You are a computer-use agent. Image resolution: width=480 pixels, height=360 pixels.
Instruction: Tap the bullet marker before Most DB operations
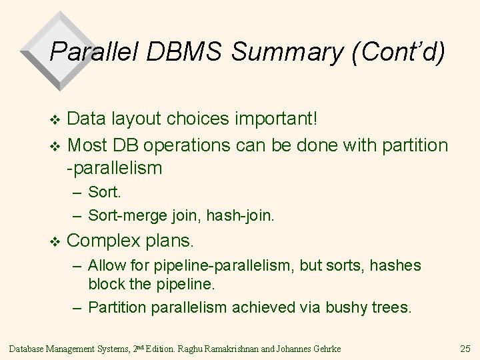click(x=55, y=146)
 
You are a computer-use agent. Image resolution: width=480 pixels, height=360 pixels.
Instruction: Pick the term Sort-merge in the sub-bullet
click(x=121, y=215)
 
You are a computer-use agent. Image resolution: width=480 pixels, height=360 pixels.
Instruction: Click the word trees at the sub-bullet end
click(x=392, y=307)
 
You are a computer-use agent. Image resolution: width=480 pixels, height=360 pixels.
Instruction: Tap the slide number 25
click(x=465, y=347)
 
